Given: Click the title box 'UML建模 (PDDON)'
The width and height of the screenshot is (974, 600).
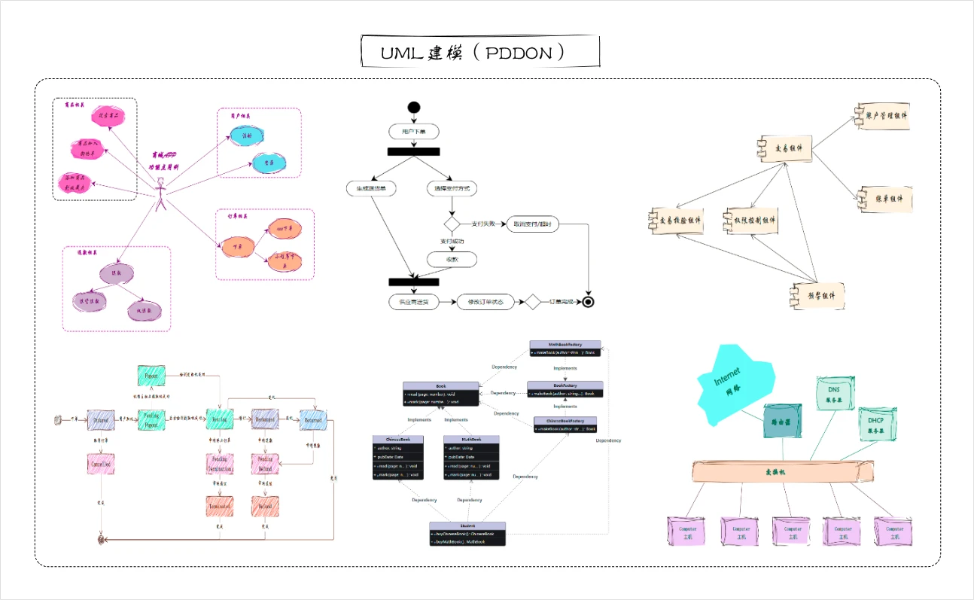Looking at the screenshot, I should pos(479,53).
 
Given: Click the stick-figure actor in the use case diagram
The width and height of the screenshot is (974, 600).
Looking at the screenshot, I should pos(160,193).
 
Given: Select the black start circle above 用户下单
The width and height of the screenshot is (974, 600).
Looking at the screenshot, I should pos(413,107).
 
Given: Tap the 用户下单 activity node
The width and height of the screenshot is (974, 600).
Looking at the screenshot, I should pos(413,132).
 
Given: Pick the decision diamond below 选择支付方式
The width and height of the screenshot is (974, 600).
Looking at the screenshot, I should pos(451,224).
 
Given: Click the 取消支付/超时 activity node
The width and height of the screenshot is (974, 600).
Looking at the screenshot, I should pos(532,224).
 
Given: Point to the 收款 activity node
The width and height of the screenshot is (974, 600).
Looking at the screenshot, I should pos(452,259).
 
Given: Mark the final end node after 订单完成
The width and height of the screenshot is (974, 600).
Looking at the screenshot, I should pos(589,303).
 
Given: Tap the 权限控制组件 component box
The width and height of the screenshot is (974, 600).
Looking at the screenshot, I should pos(749,219).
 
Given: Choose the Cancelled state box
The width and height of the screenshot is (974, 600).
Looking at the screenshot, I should pos(101,464).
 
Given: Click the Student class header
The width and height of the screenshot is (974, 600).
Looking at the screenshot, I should pos(467,525).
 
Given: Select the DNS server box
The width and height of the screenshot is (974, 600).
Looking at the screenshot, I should pos(834,393).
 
